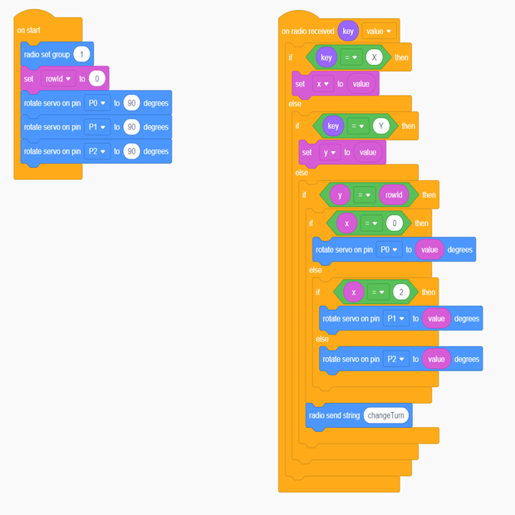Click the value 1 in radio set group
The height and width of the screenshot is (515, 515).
point(81,54)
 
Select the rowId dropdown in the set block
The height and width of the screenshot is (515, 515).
point(58,79)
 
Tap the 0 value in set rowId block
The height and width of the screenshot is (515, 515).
point(98,79)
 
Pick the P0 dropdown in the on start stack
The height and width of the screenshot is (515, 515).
point(97,104)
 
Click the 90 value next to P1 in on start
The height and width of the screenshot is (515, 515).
point(131,127)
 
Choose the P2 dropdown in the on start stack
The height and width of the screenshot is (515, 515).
point(97,151)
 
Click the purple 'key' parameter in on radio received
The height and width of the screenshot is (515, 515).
point(348,31)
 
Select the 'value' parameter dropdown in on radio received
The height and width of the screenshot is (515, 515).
point(378,31)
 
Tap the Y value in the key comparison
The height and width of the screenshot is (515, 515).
point(381,126)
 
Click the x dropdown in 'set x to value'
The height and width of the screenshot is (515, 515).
point(323,83)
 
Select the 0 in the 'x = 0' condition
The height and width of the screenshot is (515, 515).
point(395,223)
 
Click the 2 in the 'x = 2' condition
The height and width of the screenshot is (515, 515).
point(401,292)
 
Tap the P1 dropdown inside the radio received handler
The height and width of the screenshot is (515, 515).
point(395,318)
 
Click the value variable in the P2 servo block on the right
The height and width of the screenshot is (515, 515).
point(436,359)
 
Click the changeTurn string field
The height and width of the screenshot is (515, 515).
point(386,415)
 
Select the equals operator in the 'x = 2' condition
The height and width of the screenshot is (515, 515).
point(378,292)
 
